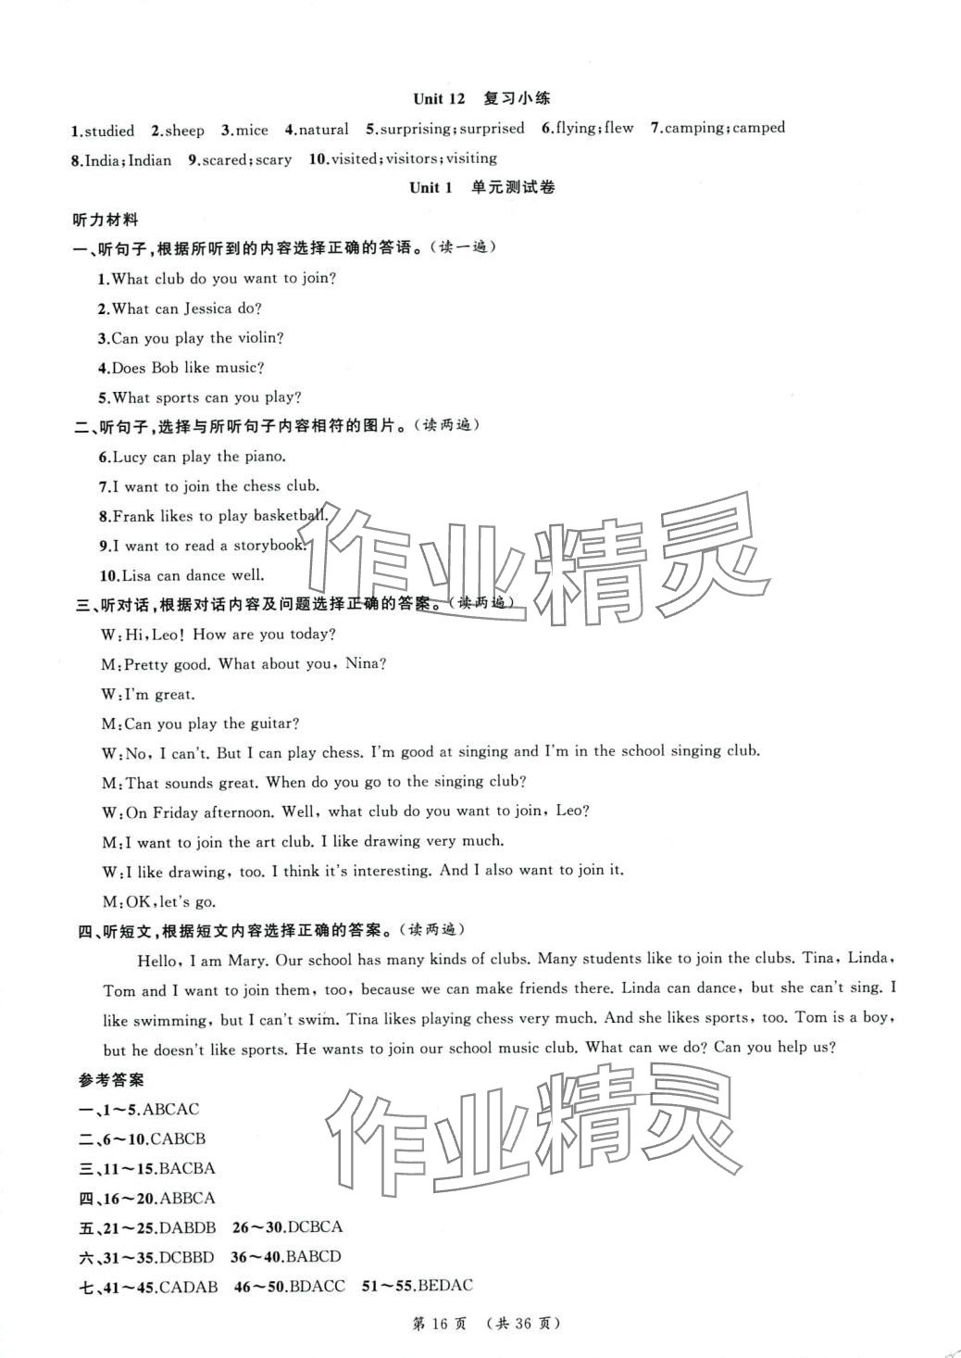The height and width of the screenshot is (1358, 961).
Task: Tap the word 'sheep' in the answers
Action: (x=184, y=131)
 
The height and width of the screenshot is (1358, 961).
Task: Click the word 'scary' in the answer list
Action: (x=273, y=159)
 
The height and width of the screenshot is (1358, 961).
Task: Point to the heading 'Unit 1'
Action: (x=431, y=187)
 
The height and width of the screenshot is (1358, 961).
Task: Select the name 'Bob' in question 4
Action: (x=165, y=368)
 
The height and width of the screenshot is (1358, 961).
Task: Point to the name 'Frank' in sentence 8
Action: (x=134, y=516)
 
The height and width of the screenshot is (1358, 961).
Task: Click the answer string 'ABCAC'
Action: (x=171, y=1109)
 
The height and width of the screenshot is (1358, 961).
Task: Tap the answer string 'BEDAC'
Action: (x=445, y=1286)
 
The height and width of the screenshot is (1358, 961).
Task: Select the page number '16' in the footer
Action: (x=449, y=1324)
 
